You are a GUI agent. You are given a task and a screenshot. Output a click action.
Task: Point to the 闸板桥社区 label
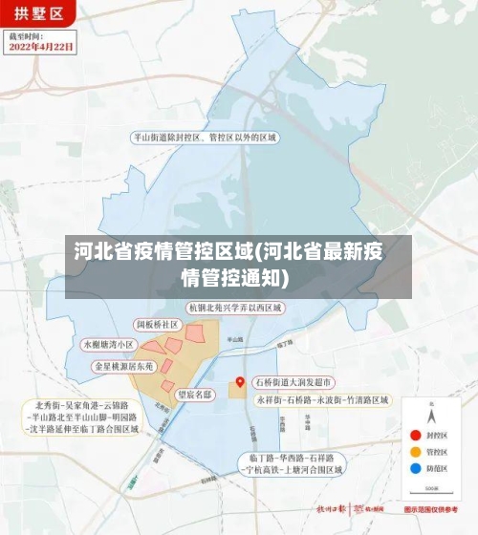tap(158, 325)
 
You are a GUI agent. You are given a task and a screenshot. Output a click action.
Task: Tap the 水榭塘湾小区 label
tap(110, 344)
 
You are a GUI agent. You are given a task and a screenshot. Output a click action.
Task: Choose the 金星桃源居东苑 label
tap(123, 366)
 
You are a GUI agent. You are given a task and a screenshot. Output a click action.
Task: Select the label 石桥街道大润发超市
tap(293, 382)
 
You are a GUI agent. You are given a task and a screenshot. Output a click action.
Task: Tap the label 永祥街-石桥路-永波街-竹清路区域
tap(321, 400)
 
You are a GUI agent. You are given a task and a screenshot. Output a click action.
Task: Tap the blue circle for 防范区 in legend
tap(414, 468)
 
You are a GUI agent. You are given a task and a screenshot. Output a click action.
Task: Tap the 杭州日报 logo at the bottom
tap(331, 509)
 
